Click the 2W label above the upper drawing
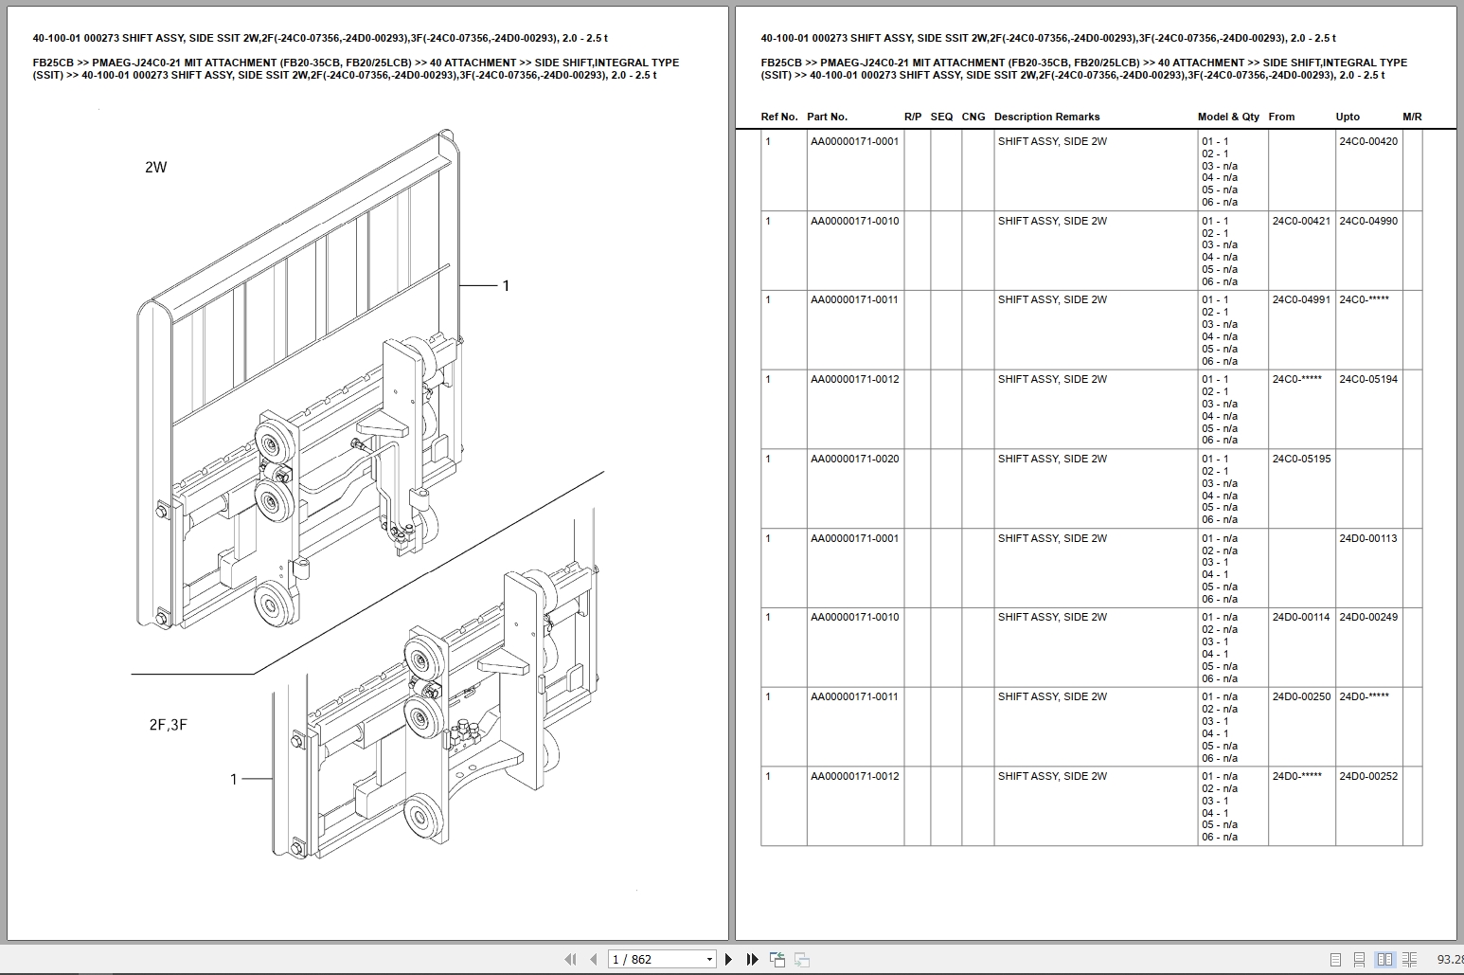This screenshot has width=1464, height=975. [155, 168]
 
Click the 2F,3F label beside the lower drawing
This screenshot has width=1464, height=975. [168, 725]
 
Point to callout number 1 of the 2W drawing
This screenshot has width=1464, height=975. [506, 285]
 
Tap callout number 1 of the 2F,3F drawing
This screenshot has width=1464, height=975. [234, 779]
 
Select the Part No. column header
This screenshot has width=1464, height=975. [827, 117]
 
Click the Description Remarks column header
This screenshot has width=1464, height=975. [1046, 117]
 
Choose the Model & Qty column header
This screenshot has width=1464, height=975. [1228, 117]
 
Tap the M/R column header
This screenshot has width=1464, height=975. [1412, 117]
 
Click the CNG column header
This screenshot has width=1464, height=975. [973, 117]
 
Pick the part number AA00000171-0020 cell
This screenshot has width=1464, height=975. [854, 459]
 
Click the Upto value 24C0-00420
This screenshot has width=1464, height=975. [1367, 141]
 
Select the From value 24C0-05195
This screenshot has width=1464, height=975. [1301, 459]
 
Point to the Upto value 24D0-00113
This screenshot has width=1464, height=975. [1367, 538]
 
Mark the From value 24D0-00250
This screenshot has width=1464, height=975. [1301, 696]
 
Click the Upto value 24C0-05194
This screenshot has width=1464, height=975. [1367, 379]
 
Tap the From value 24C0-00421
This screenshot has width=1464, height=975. [1301, 221]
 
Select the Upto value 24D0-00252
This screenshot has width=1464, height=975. [1367, 776]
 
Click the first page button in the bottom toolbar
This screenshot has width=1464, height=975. [570, 959]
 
